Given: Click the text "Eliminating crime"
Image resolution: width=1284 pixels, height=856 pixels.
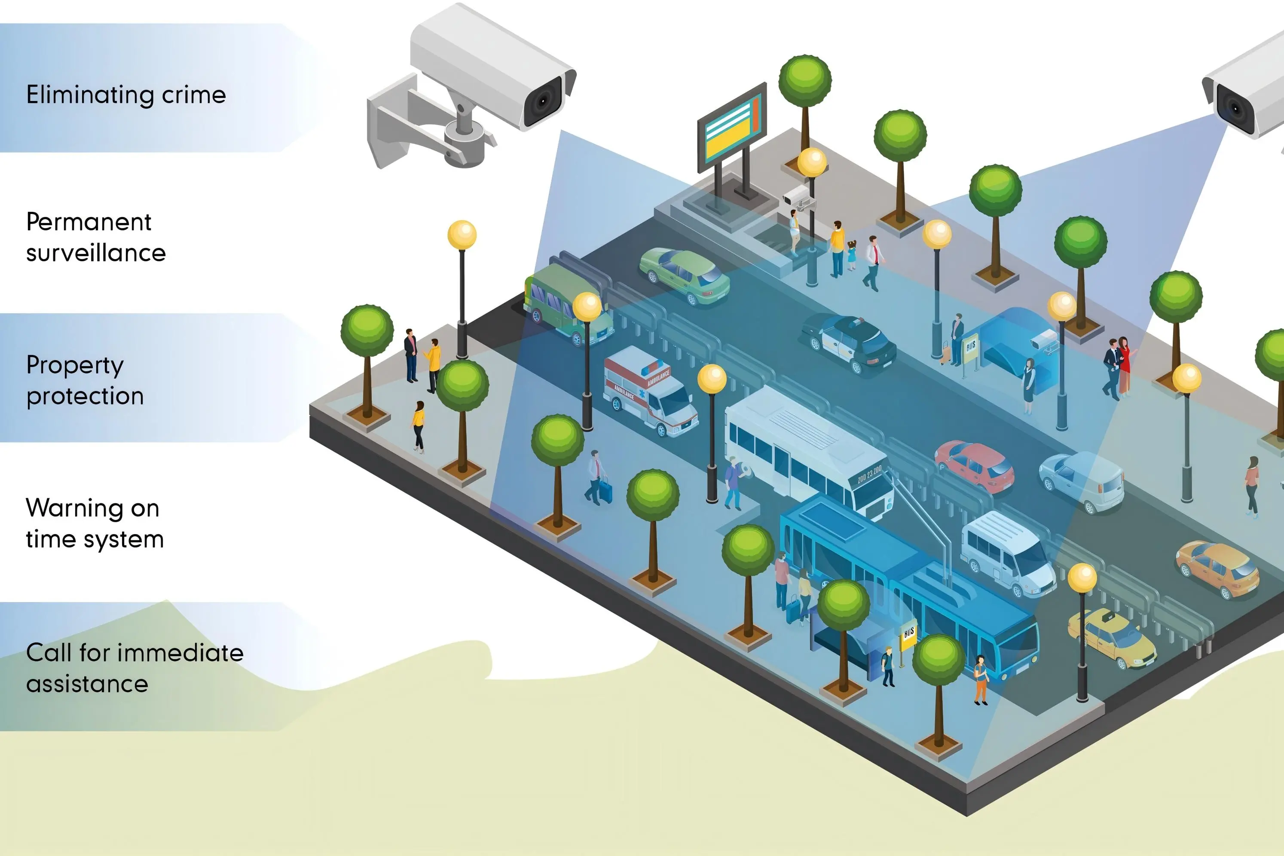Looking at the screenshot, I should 126,95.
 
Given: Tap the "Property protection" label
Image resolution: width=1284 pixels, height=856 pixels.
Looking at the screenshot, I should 85,380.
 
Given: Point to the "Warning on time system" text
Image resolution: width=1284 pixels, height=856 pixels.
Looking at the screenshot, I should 95,523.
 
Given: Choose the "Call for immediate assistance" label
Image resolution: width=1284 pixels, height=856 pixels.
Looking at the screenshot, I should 135,668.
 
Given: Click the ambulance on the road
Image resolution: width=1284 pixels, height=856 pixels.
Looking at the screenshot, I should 650,391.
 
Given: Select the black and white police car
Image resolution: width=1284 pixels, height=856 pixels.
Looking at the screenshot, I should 850,342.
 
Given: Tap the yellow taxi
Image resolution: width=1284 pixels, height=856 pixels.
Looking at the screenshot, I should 1112,639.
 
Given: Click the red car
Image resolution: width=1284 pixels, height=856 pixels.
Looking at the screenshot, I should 975,466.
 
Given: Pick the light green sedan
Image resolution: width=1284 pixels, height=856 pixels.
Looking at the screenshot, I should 685,275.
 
